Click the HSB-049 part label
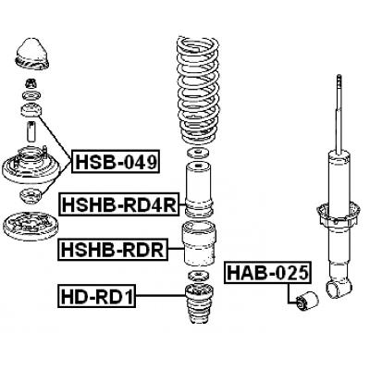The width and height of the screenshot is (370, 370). click(116, 162)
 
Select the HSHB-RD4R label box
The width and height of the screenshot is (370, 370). click(119, 204)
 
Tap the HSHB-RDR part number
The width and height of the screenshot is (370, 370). click(113, 249)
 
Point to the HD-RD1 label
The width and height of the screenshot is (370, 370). click(97, 296)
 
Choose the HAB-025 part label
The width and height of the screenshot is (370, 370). click(267, 273)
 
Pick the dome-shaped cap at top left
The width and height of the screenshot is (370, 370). click(31, 55)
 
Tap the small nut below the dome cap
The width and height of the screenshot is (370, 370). click(31, 83)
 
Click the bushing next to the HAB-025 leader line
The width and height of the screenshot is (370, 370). click(307, 300)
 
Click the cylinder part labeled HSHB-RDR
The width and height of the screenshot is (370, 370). click(199, 243)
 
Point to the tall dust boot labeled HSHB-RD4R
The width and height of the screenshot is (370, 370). click(198, 189)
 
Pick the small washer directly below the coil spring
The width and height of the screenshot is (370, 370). click(198, 153)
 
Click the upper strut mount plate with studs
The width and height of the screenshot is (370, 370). click(30, 165)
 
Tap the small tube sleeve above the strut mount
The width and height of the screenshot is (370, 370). click(31, 131)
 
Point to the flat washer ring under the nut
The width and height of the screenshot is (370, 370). click(31, 96)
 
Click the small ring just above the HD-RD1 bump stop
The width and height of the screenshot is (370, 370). click(197, 275)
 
